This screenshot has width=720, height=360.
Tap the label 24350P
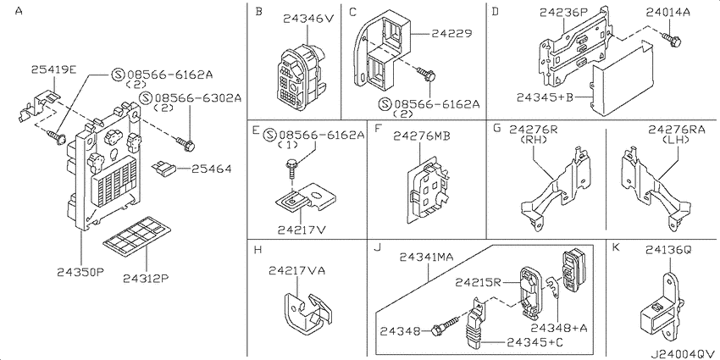click(x=80, y=272)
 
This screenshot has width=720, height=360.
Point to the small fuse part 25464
click(x=165, y=168)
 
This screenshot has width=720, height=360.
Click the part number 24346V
click(x=306, y=18)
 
